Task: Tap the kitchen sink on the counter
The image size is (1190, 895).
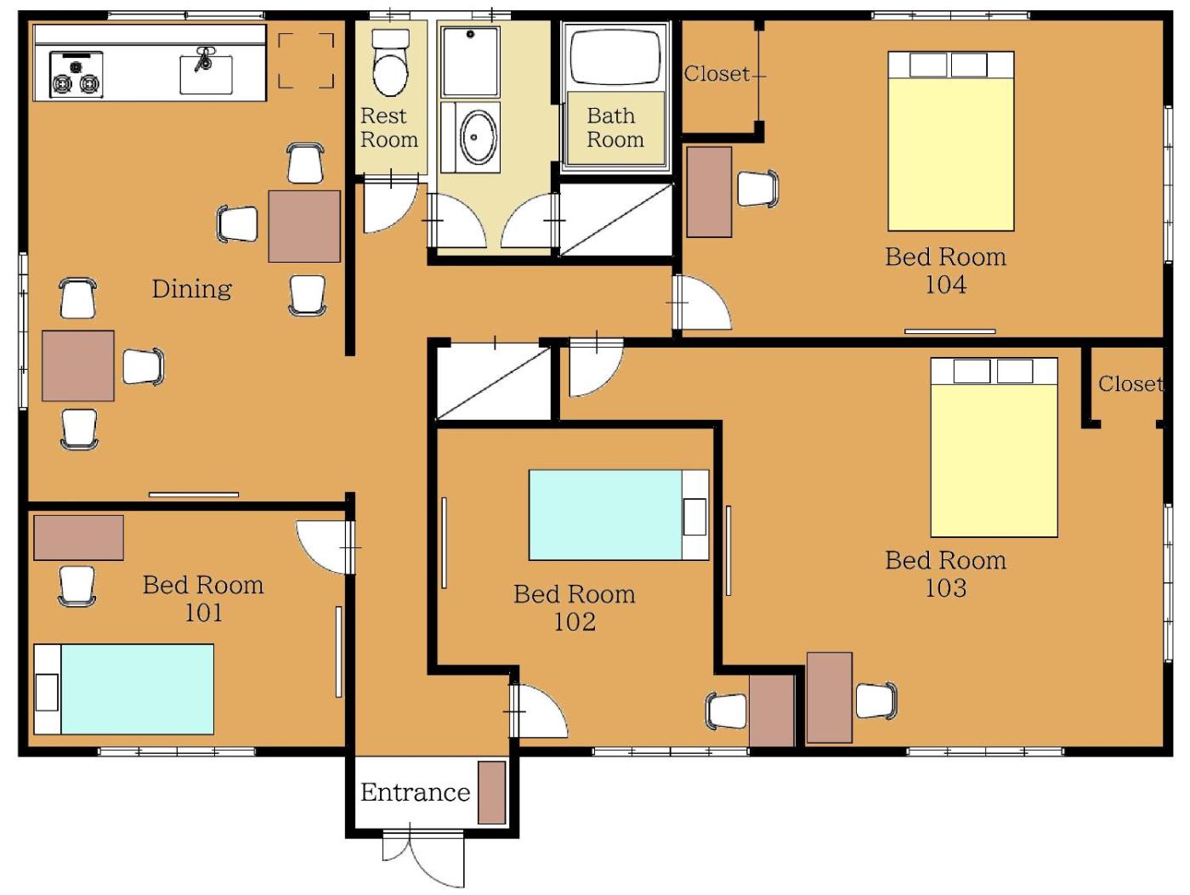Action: coord(206,74)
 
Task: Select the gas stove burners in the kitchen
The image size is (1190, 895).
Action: coord(76,75)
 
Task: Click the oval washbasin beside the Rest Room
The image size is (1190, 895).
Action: coord(478,138)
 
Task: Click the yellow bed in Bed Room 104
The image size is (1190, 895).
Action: coord(951,141)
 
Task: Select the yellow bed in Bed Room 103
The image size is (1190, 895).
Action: coord(994,447)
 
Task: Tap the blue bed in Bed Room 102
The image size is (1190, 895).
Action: coord(619,515)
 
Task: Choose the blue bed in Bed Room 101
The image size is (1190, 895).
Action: coord(123,689)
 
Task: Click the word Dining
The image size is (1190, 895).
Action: coord(191,289)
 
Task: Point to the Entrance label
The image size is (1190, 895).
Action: coord(416,792)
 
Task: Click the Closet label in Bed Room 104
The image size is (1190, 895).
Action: coord(717,74)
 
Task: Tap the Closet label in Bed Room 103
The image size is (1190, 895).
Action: coord(1130,384)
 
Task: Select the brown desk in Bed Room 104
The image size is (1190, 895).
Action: coord(709,192)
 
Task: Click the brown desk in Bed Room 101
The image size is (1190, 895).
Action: coord(78,537)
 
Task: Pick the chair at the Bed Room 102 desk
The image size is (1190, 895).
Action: coord(727,711)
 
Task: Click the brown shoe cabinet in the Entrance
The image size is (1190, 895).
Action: coord(491,792)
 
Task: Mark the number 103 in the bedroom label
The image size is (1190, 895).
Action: coord(945,588)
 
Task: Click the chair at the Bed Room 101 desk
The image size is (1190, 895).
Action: coord(77,586)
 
